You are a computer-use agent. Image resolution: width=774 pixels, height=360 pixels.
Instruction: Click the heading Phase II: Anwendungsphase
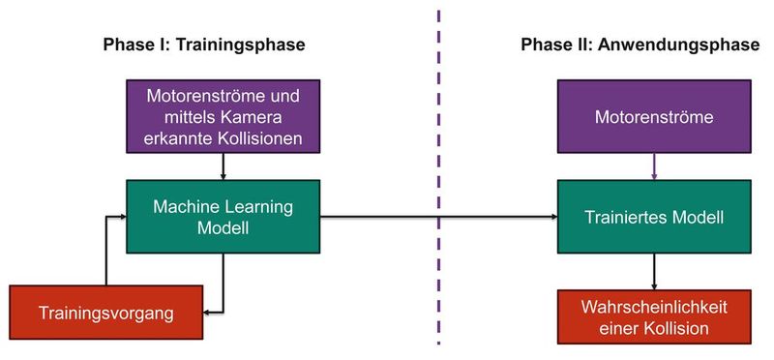639,46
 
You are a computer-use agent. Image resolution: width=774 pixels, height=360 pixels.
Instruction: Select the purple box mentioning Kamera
223,118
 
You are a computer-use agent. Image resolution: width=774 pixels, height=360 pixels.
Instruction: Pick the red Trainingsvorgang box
105,312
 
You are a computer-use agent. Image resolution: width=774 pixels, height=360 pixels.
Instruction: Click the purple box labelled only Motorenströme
656,118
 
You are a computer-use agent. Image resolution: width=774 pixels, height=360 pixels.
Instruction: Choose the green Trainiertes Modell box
656,217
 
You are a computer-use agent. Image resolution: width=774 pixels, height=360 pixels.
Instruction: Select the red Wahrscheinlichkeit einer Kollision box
656,317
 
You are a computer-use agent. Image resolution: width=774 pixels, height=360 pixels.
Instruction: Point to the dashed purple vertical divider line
439,174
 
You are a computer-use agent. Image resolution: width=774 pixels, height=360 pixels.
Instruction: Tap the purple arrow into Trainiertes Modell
656,166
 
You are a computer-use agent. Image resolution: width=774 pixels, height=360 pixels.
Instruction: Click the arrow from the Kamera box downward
223,166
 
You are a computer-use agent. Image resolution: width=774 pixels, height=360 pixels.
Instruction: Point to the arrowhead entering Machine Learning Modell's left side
122,217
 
